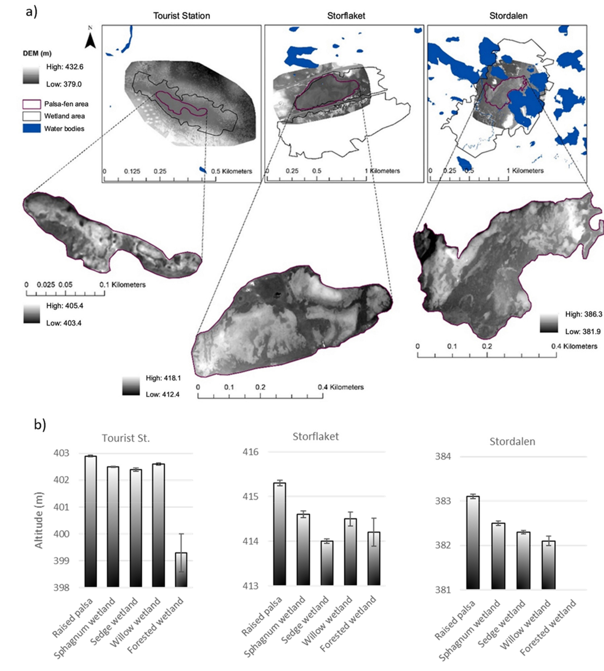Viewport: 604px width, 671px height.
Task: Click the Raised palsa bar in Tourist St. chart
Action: [x=91, y=521]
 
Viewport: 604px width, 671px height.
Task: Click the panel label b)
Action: [x=40, y=425]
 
